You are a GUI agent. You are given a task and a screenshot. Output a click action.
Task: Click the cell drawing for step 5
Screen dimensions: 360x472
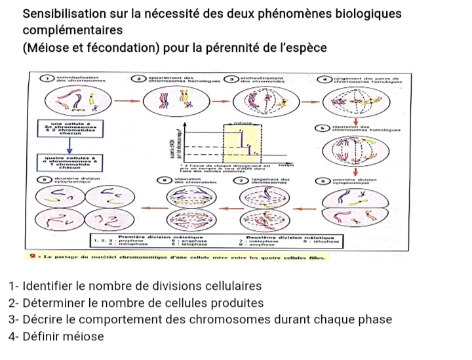pyautogui.click(x=354, y=152)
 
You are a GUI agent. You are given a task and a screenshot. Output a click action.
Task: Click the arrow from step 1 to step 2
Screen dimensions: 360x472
pyautogui.click(x=122, y=102)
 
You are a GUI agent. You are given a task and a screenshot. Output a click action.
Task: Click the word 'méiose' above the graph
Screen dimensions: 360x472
pyautogui.click(x=243, y=123)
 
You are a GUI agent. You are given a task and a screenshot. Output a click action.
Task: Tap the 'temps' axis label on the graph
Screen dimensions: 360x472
pyautogui.click(x=286, y=167)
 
